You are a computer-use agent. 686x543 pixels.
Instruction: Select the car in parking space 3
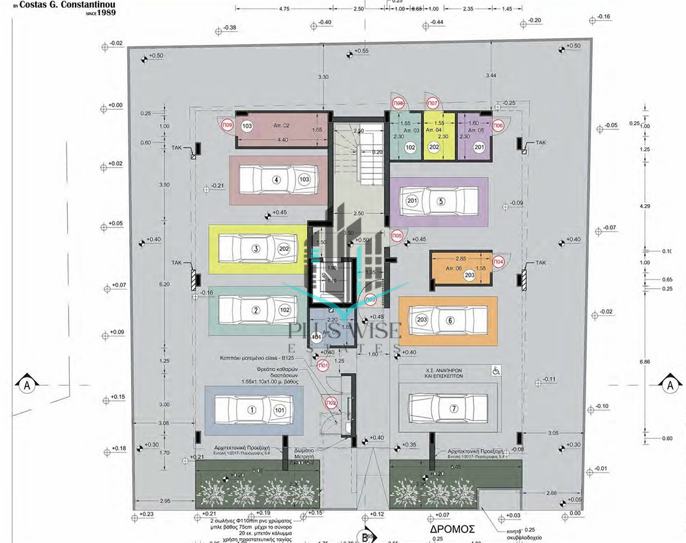256,248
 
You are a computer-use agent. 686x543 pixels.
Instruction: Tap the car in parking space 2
257,310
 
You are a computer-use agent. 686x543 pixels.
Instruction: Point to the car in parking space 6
448,320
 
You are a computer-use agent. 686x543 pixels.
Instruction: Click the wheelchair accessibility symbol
496,371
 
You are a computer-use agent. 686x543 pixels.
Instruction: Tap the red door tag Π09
228,126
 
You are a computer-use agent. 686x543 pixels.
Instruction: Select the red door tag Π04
498,261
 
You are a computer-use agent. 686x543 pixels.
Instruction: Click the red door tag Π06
498,125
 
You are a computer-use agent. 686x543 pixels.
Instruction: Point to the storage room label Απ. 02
280,125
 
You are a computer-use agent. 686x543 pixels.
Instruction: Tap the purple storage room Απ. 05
473,136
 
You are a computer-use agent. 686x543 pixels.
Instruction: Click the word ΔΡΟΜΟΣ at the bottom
451,529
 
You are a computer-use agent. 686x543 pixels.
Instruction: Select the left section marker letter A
27,385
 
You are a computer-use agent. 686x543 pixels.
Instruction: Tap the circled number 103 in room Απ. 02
246,126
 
